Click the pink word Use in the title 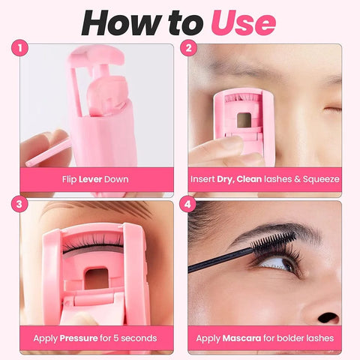pos(242,22)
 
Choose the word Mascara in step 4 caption pos(243,337)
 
